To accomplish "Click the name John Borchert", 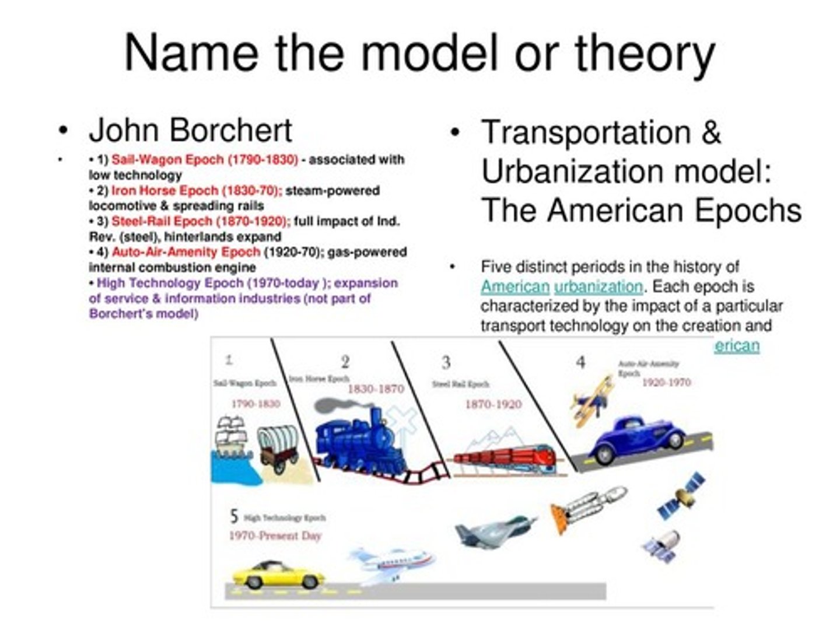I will pos(190,131).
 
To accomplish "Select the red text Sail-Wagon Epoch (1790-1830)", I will pos(205,160).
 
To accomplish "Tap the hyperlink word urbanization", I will pos(598,287).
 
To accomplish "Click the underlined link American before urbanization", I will pos(515,287).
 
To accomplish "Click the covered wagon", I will pos(278,447).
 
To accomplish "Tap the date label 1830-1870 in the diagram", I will pos(375,388).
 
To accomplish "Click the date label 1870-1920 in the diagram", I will pos(493,404).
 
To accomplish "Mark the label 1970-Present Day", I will pos(275,535).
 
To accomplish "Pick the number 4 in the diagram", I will pos(580,362).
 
